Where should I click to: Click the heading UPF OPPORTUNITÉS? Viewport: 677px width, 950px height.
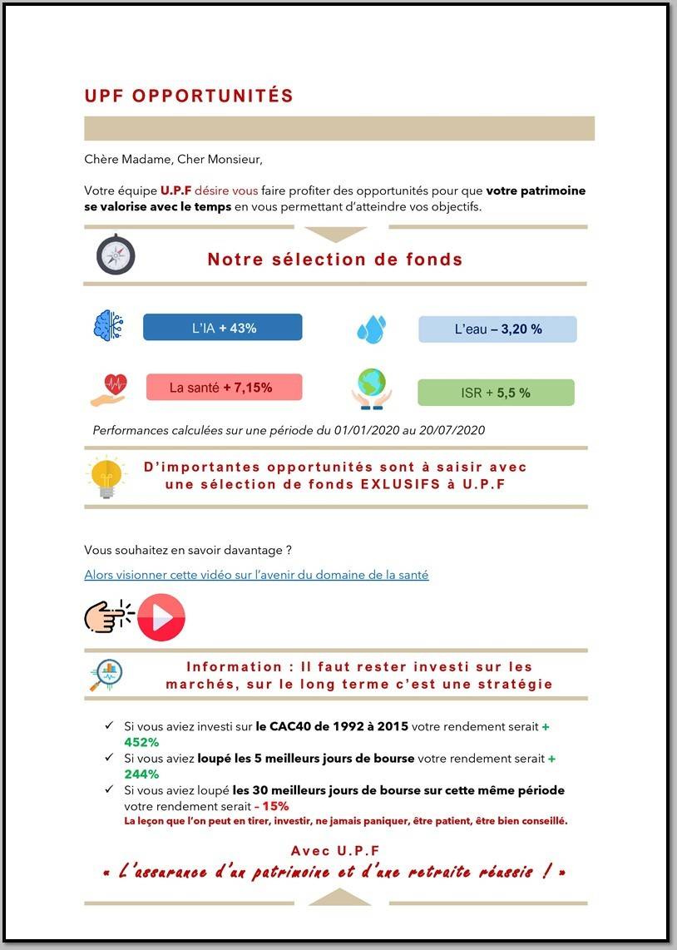click(189, 96)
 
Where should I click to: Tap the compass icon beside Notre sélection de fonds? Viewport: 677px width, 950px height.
click(116, 255)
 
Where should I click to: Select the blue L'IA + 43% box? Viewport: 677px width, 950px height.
click(222, 328)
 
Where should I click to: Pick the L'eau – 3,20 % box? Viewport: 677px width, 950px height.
click(497, 329)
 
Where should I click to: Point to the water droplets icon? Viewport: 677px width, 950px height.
click(371, 329)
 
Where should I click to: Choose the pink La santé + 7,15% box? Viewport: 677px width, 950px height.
click(224, 388)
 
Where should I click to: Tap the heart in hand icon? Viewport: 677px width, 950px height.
click(109, 389)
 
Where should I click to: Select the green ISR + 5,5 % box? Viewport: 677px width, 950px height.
click(496, 393)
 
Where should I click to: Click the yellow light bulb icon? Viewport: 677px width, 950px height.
click(106, 477)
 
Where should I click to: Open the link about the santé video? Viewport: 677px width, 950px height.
click(256, 575)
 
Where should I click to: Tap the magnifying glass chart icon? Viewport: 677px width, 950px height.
click(106, 675)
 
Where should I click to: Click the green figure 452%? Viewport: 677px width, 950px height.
click(141, 742)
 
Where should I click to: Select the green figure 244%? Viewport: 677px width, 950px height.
click(141, 774)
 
